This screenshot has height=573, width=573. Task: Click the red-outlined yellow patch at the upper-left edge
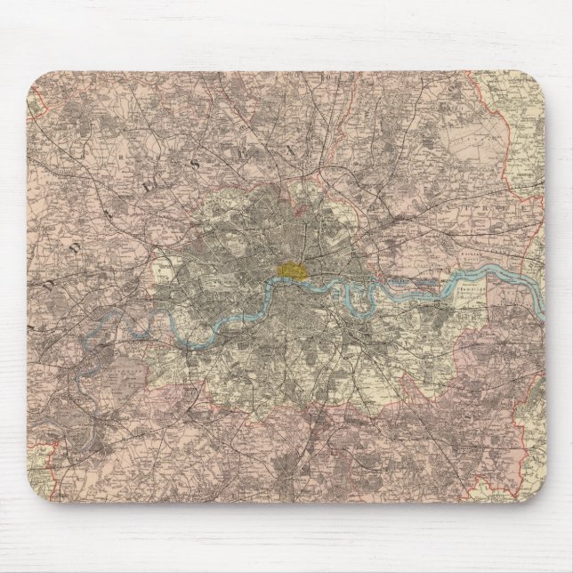[36, 108]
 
